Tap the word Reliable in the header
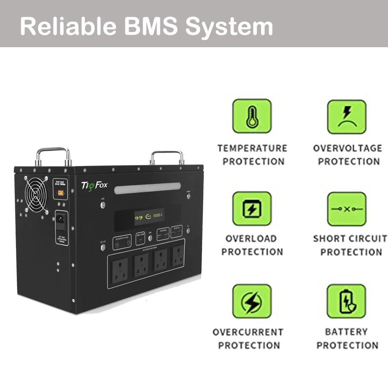coord(67,26)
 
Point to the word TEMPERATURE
coord(252,148)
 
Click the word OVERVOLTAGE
coord(348,148)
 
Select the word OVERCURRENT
coord(248,332)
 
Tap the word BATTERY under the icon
coord(346,332)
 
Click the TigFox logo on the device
coord(94,185)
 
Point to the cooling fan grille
coord(37,194)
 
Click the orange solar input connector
coord(62,195)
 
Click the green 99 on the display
coord(138,218)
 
